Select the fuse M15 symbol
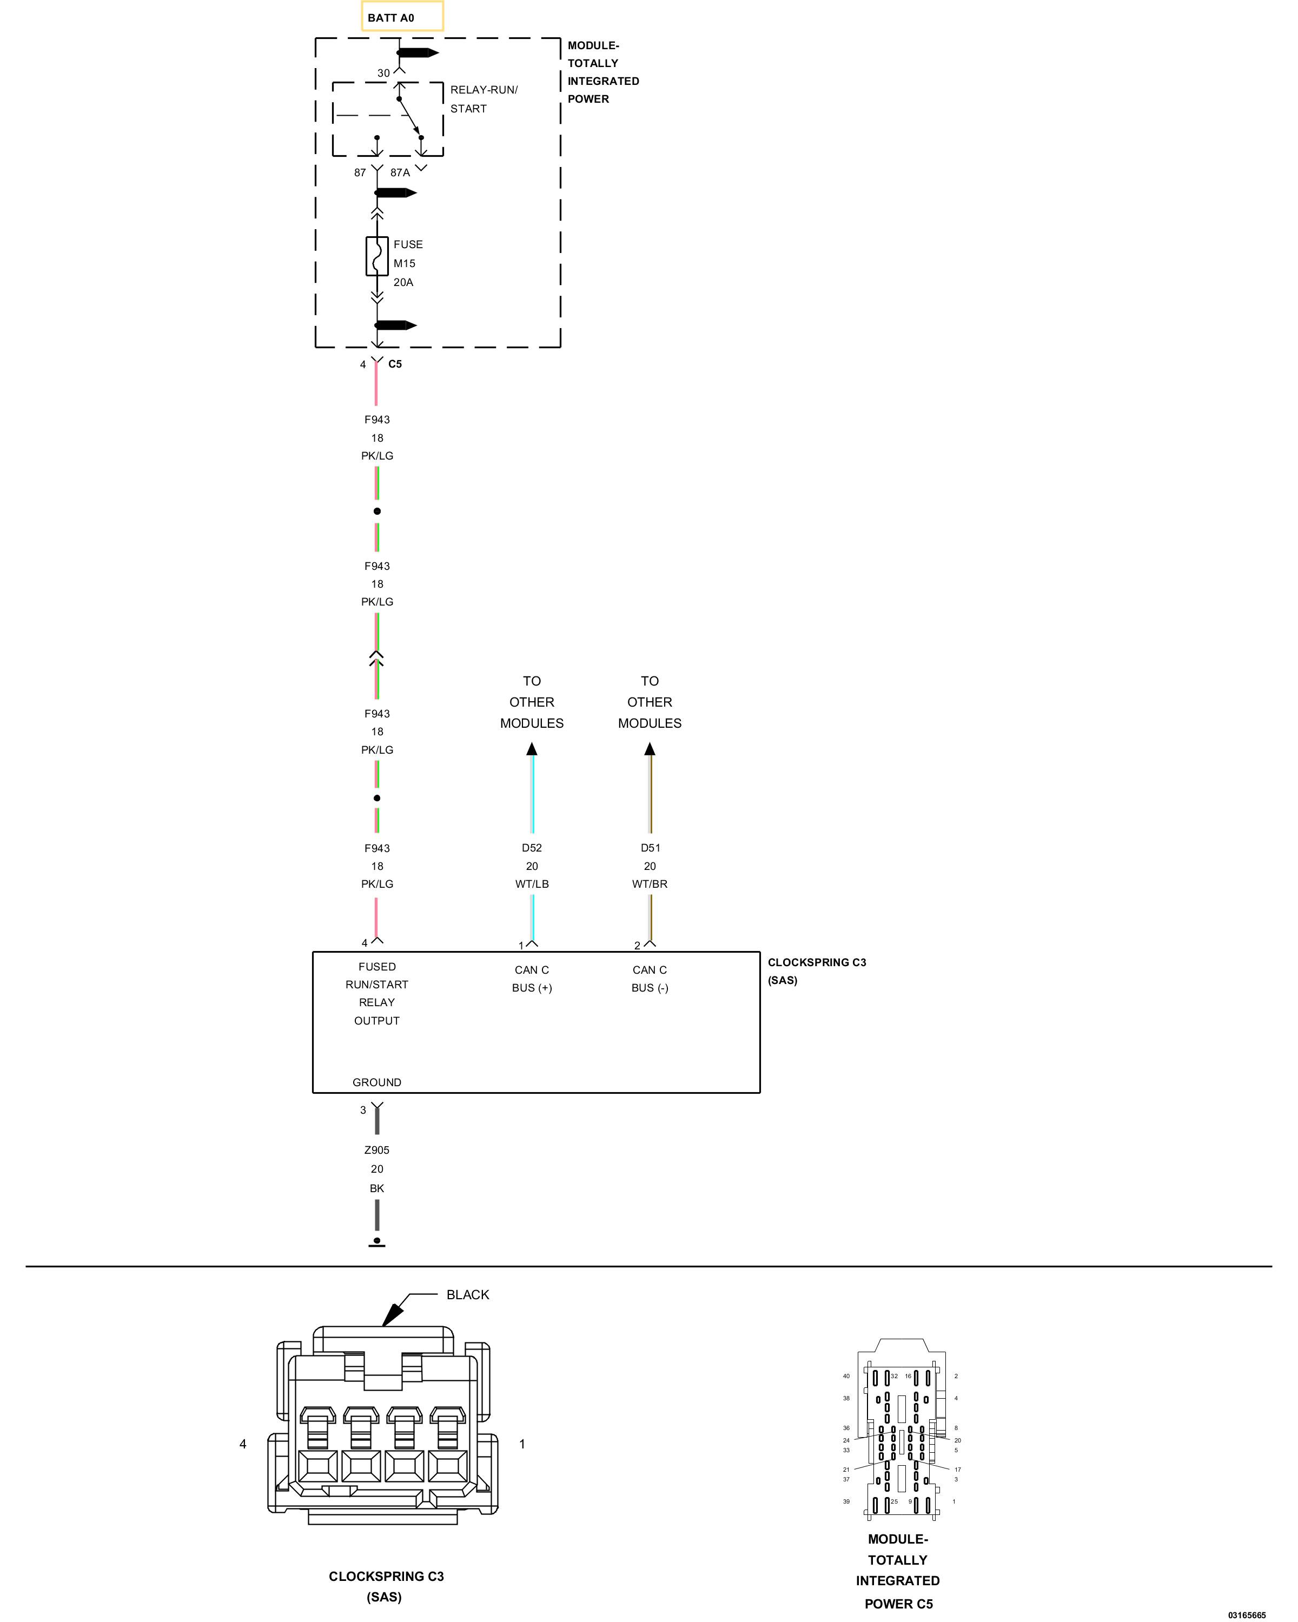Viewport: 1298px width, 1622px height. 377,256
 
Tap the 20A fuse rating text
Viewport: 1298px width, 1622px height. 403,283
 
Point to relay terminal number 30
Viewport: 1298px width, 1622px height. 384,73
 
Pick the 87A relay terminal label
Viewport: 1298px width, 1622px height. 400,173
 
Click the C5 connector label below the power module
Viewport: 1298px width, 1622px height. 395,364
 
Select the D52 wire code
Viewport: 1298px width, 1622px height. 532,848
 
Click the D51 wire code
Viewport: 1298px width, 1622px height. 650,848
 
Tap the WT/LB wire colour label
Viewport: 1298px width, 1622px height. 532,884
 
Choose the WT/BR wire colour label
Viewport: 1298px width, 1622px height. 650,884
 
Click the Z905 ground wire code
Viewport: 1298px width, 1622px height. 377,1151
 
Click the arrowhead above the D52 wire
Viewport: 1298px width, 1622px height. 532,749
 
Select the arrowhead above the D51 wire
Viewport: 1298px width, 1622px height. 650,749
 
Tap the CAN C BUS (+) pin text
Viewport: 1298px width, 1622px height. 532,979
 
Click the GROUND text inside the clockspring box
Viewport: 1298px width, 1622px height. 377,1082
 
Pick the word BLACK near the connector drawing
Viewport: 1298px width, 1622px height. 468,1295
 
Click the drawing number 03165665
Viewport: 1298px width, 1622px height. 1247,1615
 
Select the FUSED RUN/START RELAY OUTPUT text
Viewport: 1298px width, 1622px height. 377,994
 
